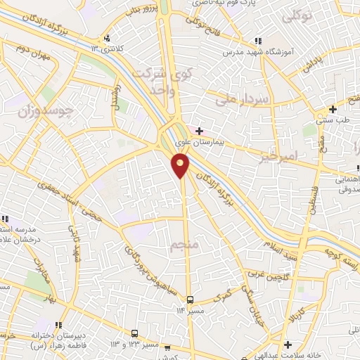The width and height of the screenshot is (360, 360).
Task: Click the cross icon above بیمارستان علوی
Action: pyautogui.click(x=200, y=131)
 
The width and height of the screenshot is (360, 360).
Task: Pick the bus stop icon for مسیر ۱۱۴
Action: pyautogui.click(x=190, y=299)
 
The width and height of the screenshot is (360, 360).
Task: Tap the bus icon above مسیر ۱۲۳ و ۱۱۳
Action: pyautogui.click(x=134, y=333)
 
